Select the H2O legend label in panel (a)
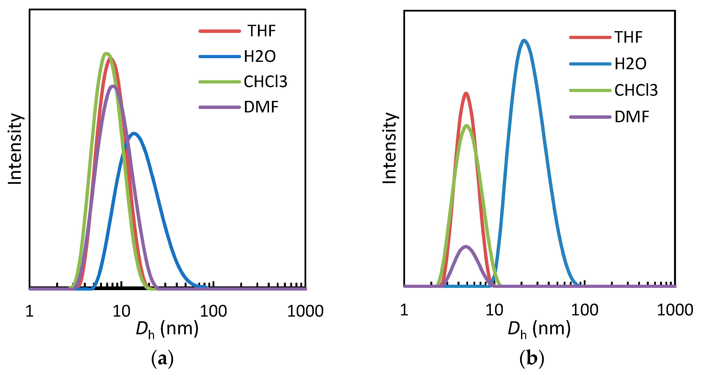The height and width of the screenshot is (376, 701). click(x=260, y=56)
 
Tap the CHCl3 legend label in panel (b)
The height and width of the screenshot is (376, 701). click(x=636, y=90)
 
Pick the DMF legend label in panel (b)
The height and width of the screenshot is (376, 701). click(x=632, y=117)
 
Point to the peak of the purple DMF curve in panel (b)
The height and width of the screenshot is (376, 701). click(x=466, y=247)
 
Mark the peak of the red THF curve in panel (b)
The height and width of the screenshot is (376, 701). click(x=466, y=94)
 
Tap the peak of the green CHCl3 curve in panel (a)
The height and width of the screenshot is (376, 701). click(x=106, y=54)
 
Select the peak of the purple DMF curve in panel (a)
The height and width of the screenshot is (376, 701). click(x=113, y=86)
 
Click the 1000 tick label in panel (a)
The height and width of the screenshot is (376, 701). click(x=305, y=311)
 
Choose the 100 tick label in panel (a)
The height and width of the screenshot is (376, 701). click(x=213, y=311)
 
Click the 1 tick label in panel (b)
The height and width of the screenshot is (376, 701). click(x=404, y=310)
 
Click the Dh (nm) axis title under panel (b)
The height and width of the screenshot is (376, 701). click(x=539, y=329)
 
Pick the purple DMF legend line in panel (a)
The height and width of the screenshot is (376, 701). click(x=220, y=107)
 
